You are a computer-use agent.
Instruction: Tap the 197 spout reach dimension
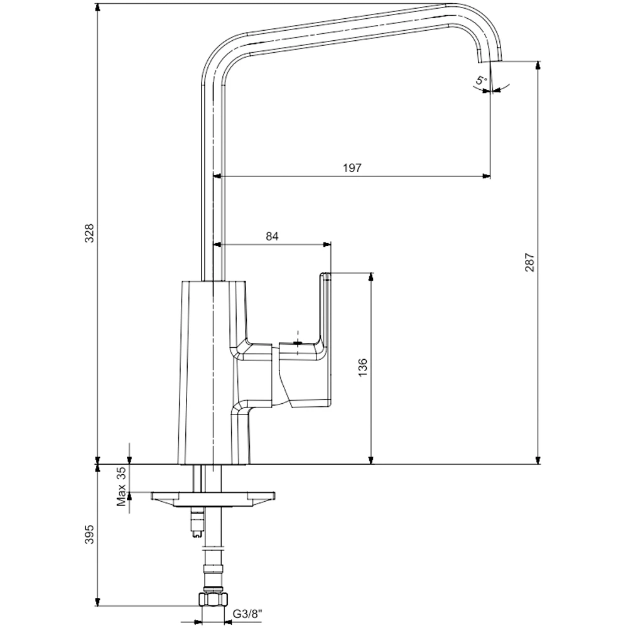click(352, 168)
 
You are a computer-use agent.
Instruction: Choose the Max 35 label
click(122, 486)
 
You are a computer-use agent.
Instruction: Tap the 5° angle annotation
click(480, 80)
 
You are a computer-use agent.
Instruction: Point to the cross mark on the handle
click(298, 344)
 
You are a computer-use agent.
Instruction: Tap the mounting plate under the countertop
click(212, 497)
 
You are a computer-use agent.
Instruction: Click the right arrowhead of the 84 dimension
click(327, 244)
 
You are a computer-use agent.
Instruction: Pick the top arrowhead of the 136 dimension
click(371, 277)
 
